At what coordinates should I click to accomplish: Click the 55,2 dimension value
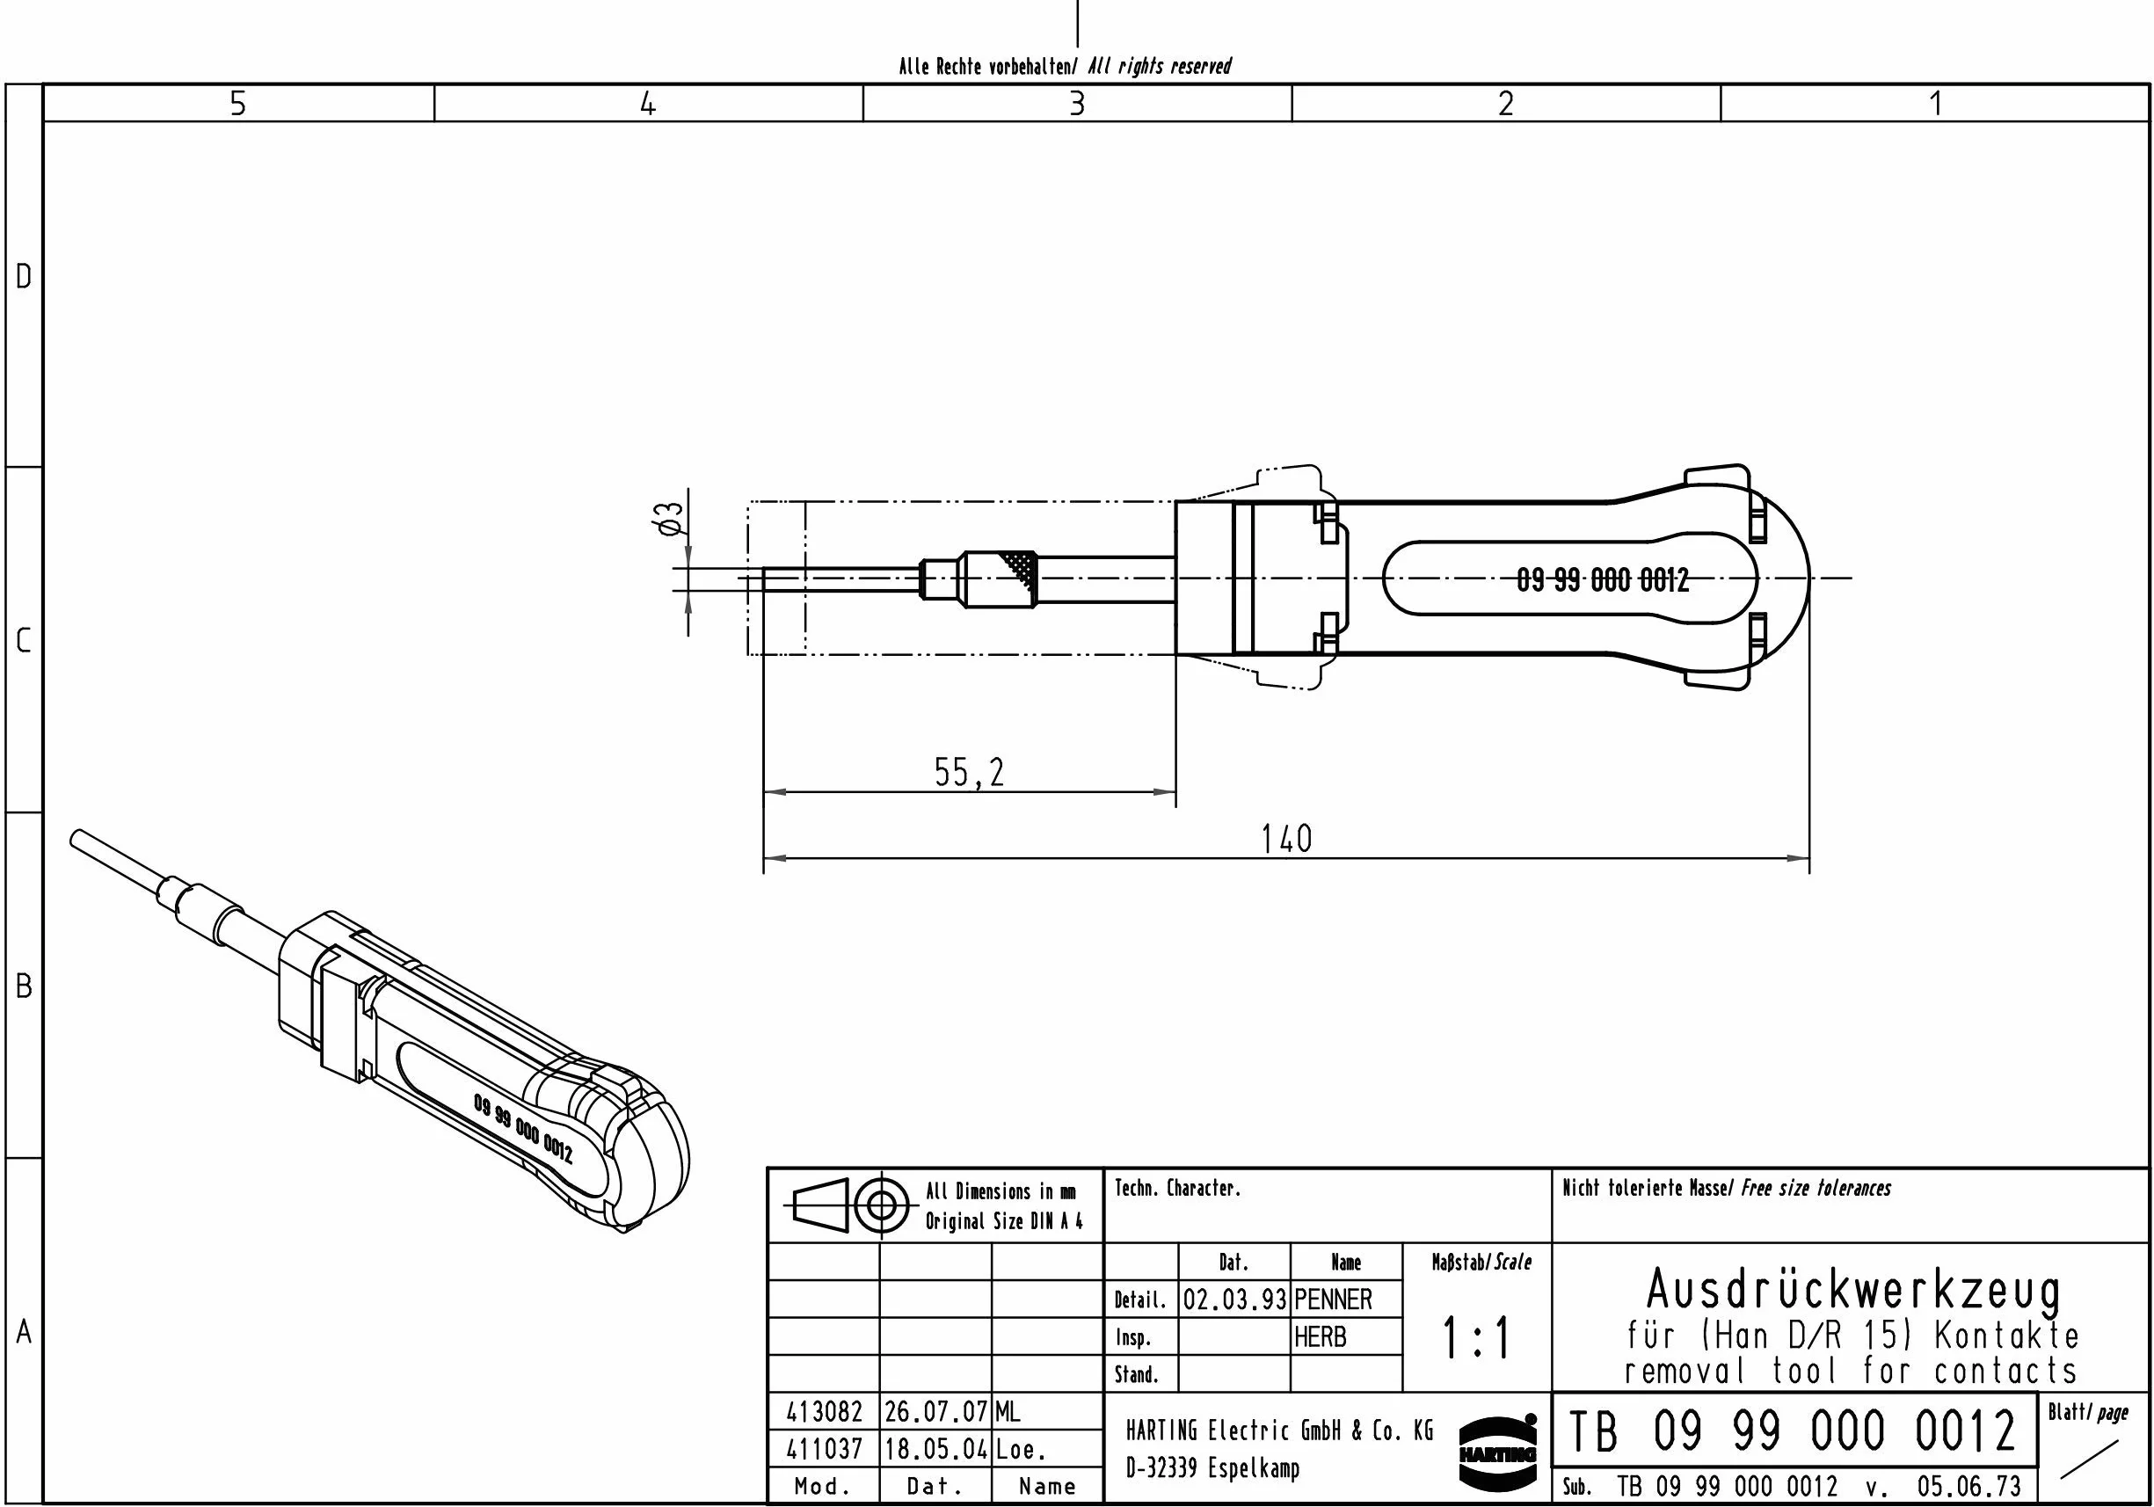pos(969,773)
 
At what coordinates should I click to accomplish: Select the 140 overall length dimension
pos(1286,839)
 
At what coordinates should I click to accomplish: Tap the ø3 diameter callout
pos(671,518)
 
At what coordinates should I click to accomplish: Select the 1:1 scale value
pos(1477,1338)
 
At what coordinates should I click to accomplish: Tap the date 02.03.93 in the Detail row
pos(1233,1300)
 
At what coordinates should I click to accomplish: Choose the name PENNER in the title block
pos(1333,1300)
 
